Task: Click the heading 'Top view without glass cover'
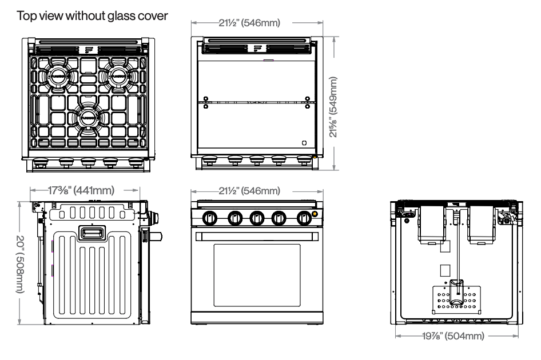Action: [x=93, y=18]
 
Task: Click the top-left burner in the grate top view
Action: [x=59, y=75]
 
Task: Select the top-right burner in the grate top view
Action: [x=120, y=75]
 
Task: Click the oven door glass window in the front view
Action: [x=257, y=278]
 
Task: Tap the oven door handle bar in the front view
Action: [x=257, y=235]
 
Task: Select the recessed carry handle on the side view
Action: [x=92, y=232]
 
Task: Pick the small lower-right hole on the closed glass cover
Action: [x=304, y=142]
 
